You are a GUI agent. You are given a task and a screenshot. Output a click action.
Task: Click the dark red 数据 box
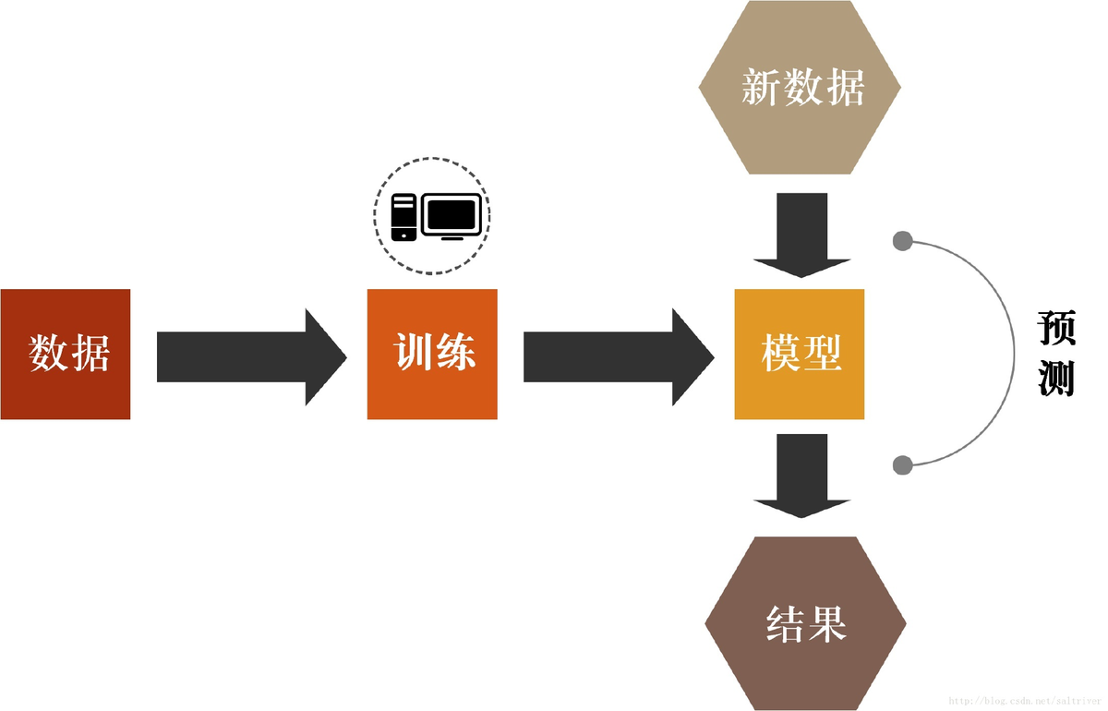click(x=66, y=354)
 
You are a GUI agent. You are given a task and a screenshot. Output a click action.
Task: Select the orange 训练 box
click(x=432, y=354)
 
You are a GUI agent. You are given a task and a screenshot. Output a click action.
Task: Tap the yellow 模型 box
click(x=800, y=354)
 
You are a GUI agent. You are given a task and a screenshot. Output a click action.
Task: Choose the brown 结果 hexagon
click(x=805, y=623)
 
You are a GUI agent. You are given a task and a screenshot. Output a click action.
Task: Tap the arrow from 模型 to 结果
click(x=801, y=475)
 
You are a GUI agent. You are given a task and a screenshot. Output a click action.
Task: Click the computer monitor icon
click(x=452, y=217)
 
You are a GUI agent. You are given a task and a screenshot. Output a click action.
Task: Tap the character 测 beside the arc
click(x=1056, y=378)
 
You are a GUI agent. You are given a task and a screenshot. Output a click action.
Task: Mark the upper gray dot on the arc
click(x=903, y=242)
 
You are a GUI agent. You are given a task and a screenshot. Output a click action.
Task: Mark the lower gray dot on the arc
click(x=903, y=464)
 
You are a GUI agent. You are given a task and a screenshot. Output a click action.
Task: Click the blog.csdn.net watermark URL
click(x=1025, y=702)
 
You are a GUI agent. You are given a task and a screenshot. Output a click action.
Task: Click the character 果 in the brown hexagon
click(x=827, y=623)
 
